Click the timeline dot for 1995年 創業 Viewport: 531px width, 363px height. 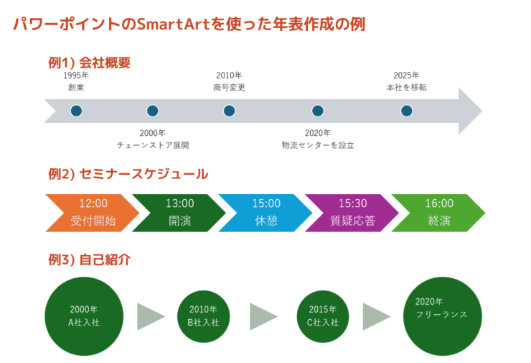point(76,111)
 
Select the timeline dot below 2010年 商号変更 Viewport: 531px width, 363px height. point(229,111)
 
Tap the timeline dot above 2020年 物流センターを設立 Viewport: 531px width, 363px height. point(318,111)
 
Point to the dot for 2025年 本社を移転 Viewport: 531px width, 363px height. point(406,111)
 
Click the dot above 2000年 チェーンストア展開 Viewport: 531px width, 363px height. point(152,111)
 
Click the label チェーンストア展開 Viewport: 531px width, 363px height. point(152,145)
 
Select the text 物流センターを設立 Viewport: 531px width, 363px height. point(318,145)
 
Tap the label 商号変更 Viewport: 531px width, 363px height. point(229,88)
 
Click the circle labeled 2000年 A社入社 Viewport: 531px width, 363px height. point(84,316)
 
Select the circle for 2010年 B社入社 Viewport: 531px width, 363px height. point(203,316)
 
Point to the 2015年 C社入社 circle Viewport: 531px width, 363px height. point(323,316)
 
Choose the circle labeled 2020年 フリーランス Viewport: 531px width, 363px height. point(441,316)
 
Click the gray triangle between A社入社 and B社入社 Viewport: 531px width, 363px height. point(149,316)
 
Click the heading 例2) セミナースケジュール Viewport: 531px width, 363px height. point(128,174)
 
